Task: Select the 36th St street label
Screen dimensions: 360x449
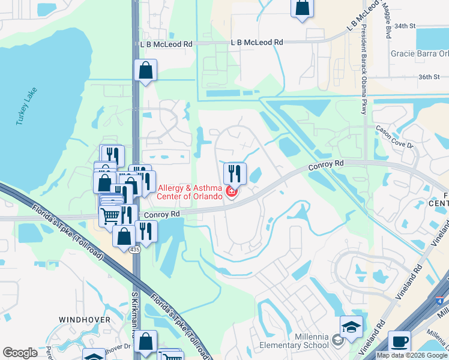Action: coord(430,77)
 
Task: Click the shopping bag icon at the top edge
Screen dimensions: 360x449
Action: coord(303,8)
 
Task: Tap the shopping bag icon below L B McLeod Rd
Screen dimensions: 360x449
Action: coord(145,70)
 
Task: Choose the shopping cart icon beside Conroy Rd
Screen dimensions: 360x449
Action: coord(110,215)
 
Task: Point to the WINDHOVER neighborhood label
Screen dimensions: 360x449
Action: coord(85,320)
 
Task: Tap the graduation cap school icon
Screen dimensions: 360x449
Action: coord(351,326)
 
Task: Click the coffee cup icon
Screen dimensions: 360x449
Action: coord(399,341)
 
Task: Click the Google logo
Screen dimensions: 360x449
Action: coord(20,353)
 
